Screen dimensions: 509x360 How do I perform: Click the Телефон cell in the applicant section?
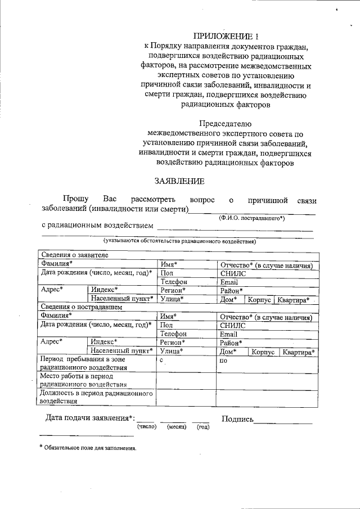pyautogui.click(x=173, y=281)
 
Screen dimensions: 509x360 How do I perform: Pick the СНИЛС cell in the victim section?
pyautogui.click(x=233, y=325)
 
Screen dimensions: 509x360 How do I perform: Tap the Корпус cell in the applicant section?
pyautogui.click(x=262, y=300)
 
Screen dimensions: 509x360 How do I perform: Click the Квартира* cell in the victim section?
pyautogui.click(x=298, y=352)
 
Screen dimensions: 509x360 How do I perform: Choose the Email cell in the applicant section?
pyautogui.click(x=229, y=282)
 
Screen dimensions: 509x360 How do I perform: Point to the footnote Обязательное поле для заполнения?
pyautogui.click(x=90, y=448)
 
